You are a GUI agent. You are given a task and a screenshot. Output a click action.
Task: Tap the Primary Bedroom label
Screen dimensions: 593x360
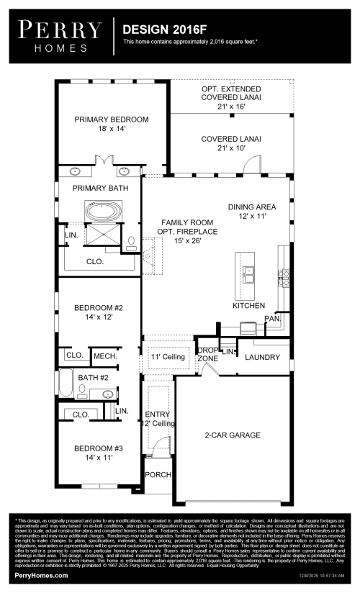tap(111, 125)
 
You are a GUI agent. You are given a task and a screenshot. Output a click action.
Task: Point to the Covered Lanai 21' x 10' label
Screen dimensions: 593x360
tap(230, 143)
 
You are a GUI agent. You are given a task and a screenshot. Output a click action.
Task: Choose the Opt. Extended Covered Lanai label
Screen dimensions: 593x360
tap(230, 96)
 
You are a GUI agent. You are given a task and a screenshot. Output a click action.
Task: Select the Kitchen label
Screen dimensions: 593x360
tap(248, 305)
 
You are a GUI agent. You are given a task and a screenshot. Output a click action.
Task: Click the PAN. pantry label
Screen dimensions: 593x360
tap(271, 317)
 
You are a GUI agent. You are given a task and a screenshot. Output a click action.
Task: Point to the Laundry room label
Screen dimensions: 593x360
tap(261, 357)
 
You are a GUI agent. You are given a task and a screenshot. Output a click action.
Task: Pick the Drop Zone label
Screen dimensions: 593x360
tap(207, 353)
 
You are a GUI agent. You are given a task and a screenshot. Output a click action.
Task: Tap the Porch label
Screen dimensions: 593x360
tap(158, 475)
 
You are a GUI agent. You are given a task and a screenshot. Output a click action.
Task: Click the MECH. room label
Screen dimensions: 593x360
tap(105, 356)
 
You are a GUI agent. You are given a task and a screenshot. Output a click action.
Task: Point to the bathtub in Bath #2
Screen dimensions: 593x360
tap(66, 384)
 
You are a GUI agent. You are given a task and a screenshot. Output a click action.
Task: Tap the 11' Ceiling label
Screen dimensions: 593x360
tap(168, 357)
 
